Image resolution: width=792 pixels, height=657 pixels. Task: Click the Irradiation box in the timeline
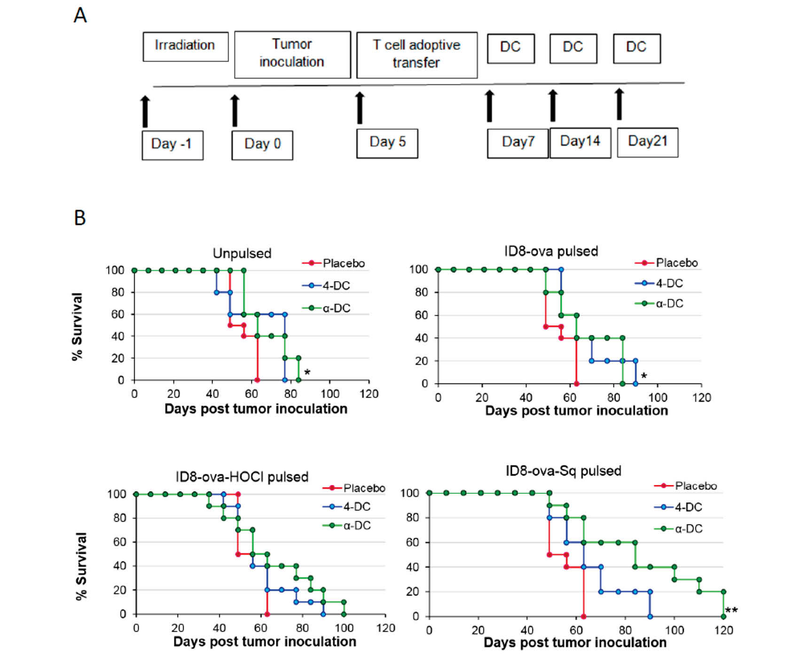click(x=185, y=46)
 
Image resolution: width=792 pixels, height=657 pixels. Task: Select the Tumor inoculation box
click(x=292, y=54)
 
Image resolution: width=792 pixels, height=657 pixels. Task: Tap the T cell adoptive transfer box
click(x=416, y=55)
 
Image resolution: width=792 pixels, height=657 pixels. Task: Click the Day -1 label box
click(x=172, y=145)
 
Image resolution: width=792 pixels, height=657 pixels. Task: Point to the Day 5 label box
click(x=387, y=143)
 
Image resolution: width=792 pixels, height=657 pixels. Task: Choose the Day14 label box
click(x=580, y=142)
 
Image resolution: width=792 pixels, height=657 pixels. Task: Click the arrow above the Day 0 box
click(x=235, y=110)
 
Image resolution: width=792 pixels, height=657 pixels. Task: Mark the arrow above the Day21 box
click(x=619, y=104)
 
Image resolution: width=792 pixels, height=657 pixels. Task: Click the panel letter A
click(x=80, y=16)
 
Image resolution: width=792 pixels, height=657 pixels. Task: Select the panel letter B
click(x=80, y=218)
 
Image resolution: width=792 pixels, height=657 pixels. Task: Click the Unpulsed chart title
click(x=242, y=253)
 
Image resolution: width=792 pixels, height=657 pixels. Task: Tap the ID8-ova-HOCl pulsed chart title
click(x=242, y=477)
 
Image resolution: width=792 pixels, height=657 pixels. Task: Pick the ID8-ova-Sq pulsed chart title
click(x=563, y=471)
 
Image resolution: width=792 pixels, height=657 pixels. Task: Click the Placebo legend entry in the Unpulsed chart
click(x=334, y=263)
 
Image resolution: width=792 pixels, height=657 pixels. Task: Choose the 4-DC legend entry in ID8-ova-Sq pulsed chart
click(x=678, y=507)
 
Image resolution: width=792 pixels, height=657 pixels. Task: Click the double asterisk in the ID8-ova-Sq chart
click(x=731, y=611)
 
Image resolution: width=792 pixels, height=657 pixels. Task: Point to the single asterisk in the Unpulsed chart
click(x=307, y=373)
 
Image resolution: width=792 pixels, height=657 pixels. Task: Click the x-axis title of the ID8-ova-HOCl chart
click(x=265, y=641)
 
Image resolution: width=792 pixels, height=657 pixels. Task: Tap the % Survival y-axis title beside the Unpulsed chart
click(x=77, y=327)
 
